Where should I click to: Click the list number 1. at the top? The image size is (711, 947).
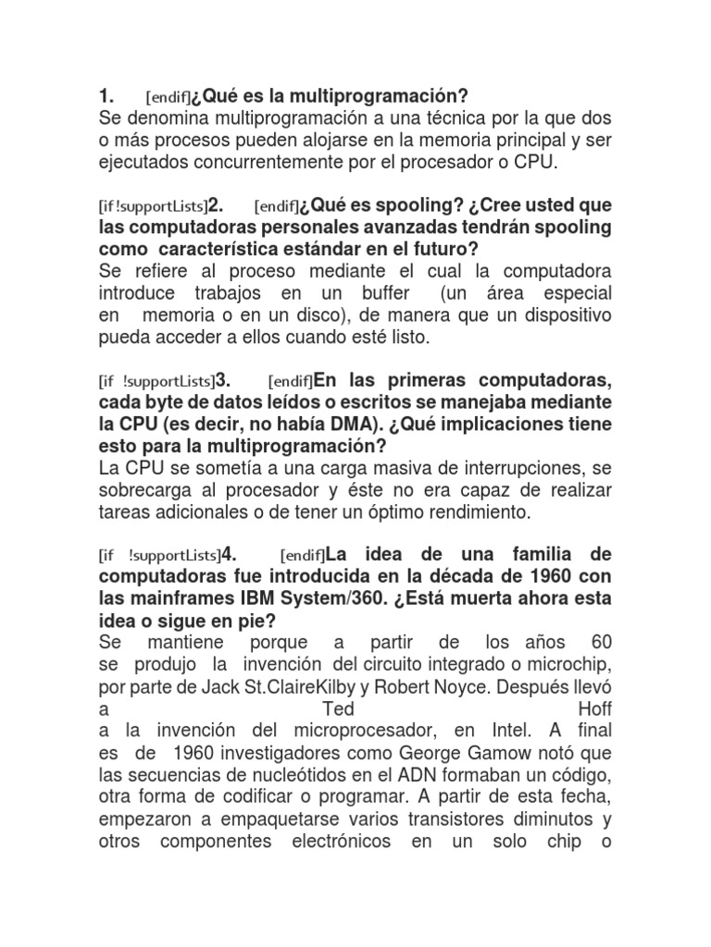tap(106, 96)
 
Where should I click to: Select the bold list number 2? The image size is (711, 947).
tap(216, 204)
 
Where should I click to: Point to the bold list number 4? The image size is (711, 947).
tap(229, 555)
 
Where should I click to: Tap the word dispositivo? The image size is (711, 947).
tap(562, 315)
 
